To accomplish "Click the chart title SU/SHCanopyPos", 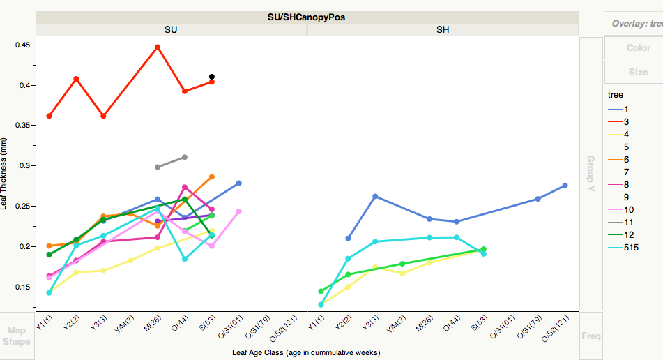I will (x=307, y=17).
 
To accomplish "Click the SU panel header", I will (x=171, y=29).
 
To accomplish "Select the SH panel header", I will (x=443, y=29).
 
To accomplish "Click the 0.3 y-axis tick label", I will (x=24, y=166).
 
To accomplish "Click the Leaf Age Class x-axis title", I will (x=306, y=352).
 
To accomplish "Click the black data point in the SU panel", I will (x=211, y=77).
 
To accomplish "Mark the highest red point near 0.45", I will (x=158, y=47).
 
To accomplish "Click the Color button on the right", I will (x=637, y=48).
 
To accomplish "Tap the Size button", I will (x=637, y=72).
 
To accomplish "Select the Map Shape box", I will (x=16, y=336).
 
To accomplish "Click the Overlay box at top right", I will (x=634, y=23).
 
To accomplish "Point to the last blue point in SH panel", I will (x=565, y=185).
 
